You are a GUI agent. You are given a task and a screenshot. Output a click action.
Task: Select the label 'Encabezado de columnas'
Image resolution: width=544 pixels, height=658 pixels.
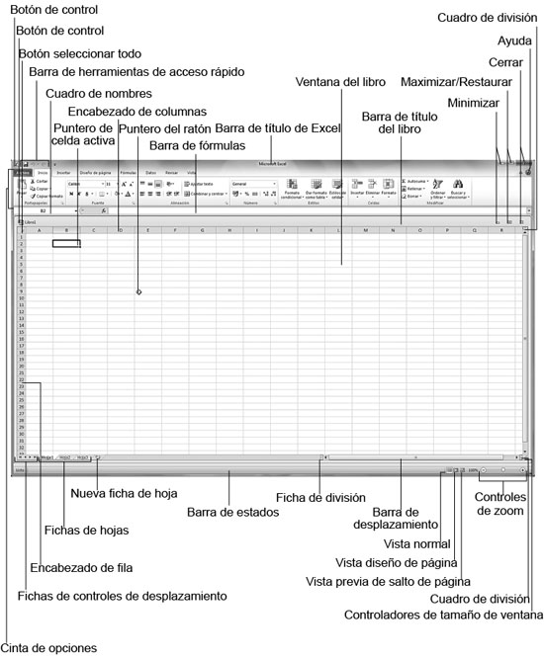[x=137, y=111]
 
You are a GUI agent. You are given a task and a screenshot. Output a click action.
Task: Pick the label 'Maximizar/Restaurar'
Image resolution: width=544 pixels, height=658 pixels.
[x=470, y=80]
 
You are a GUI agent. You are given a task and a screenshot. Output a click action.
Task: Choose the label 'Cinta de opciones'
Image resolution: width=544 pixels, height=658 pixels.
[x=48, y=648]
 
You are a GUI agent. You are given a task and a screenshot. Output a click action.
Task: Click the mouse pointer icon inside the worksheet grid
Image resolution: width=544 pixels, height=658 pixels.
[x=138, y=292]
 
